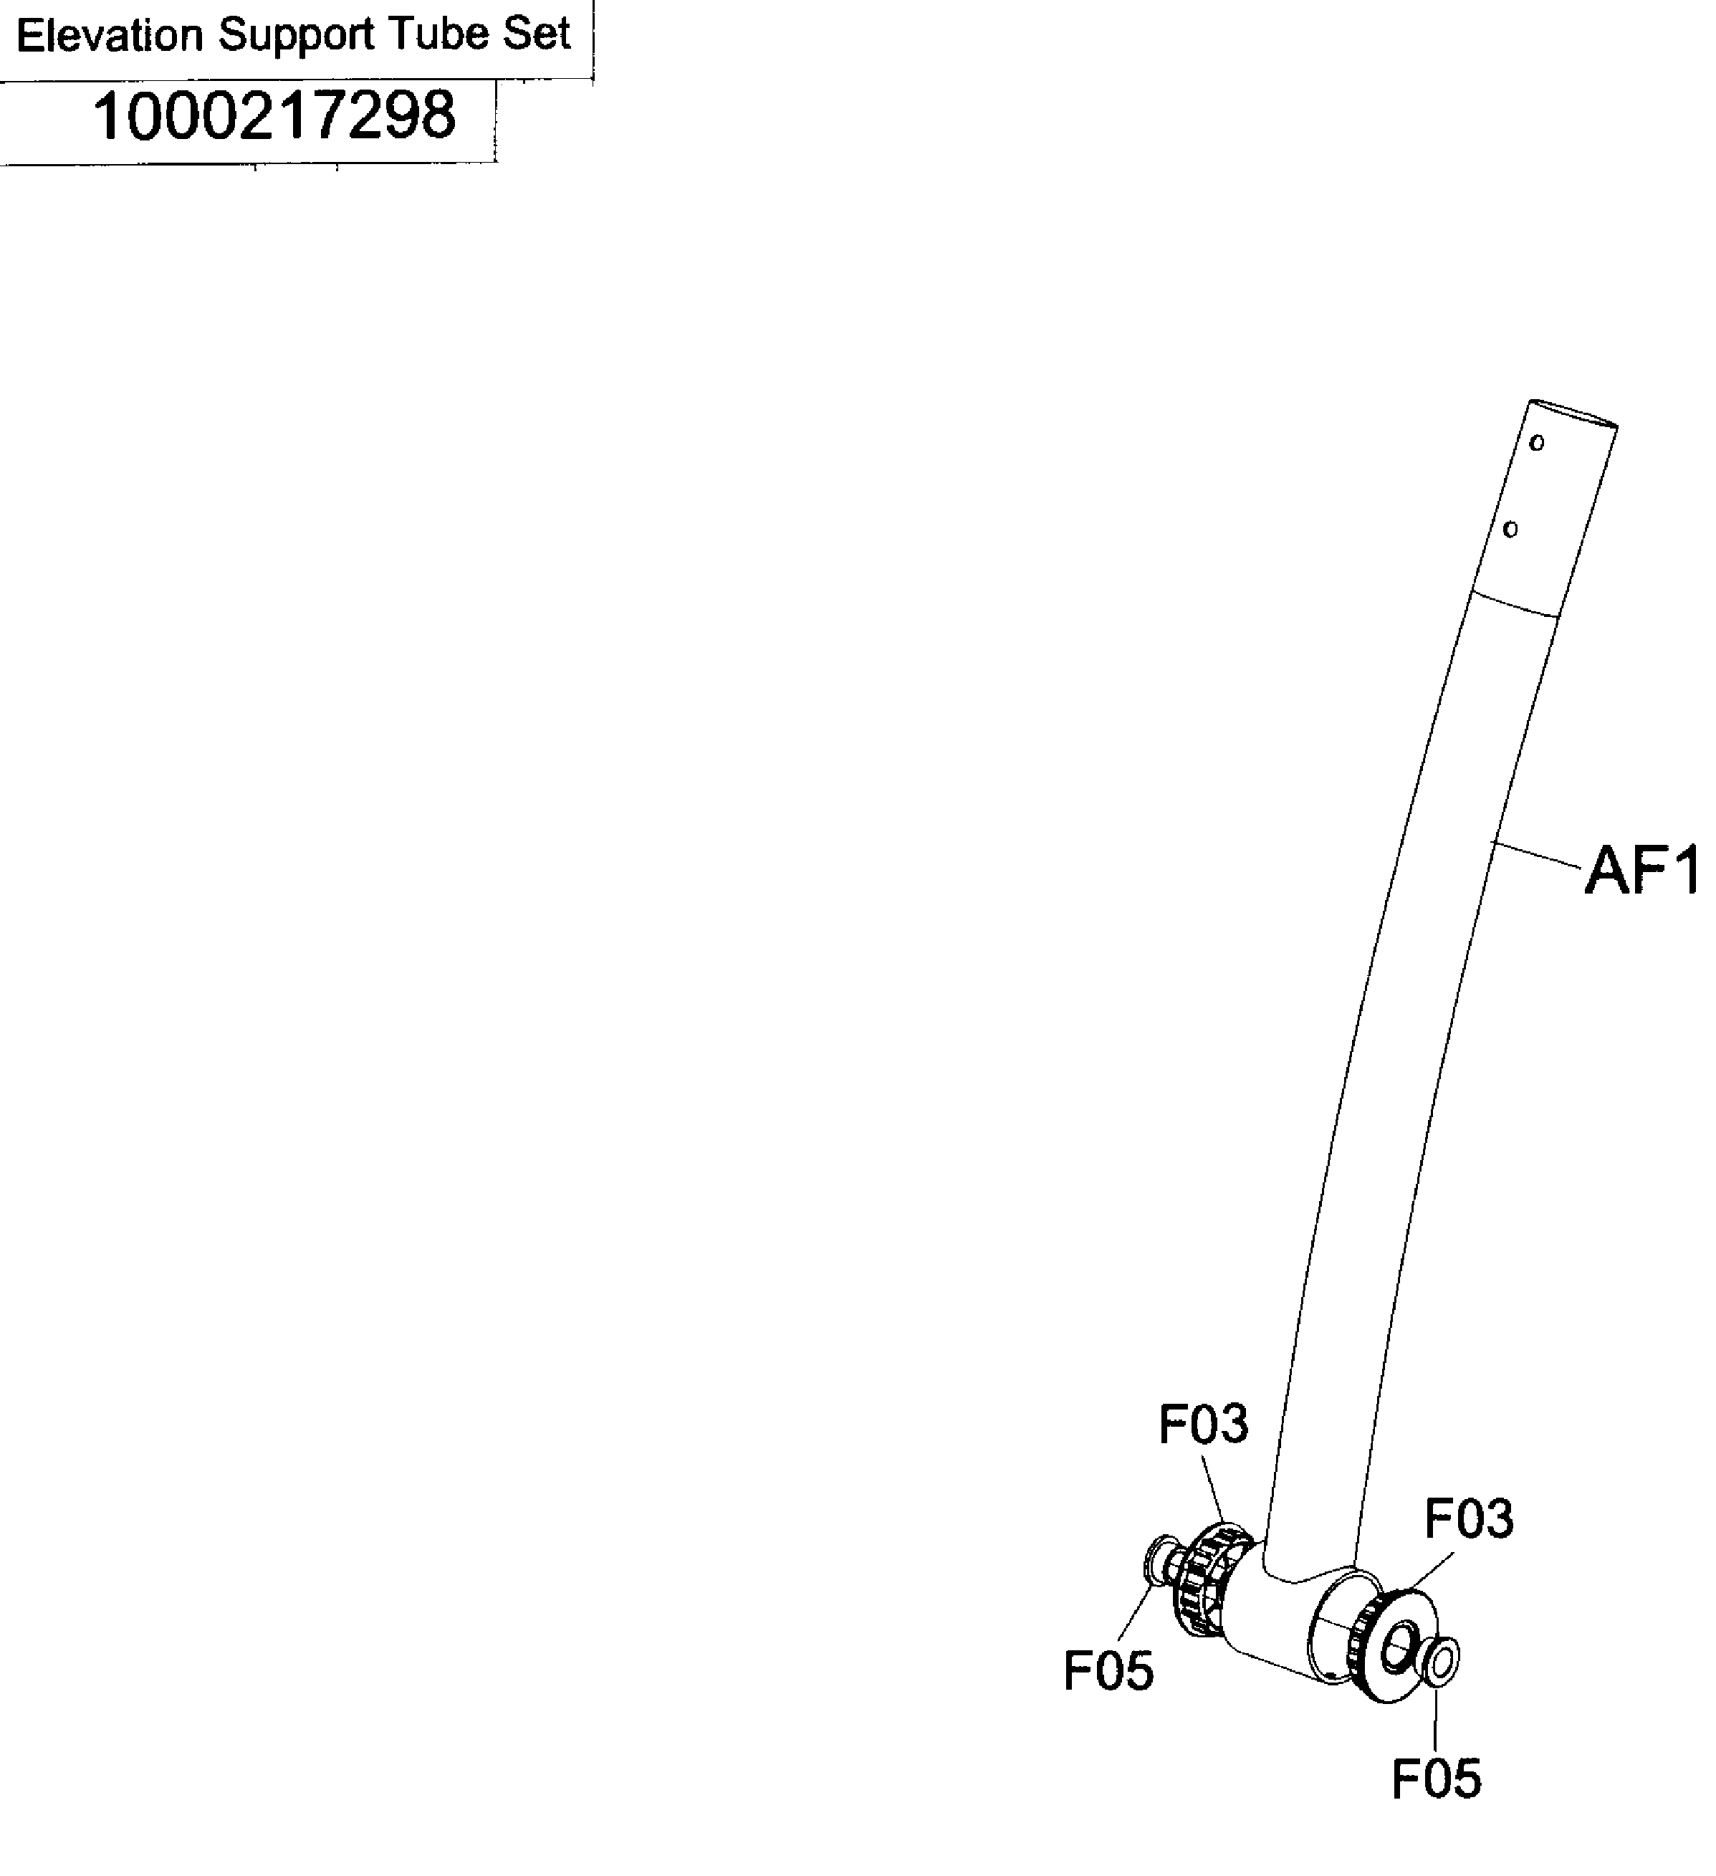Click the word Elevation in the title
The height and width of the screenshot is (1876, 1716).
pos(110,37)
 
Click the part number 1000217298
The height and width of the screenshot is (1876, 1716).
pos(274,116)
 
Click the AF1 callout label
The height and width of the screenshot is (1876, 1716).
pos(1641,873)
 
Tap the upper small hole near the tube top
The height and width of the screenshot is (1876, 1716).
pos(1536,443)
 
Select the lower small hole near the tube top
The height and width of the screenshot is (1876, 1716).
pos(1510,530)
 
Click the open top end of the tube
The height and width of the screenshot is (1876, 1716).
pos(1573,414)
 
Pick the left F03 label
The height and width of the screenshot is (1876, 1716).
pos(1202,1424)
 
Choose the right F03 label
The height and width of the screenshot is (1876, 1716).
pos(1469,1518)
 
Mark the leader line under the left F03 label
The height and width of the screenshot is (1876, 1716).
pos(1212,1487)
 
